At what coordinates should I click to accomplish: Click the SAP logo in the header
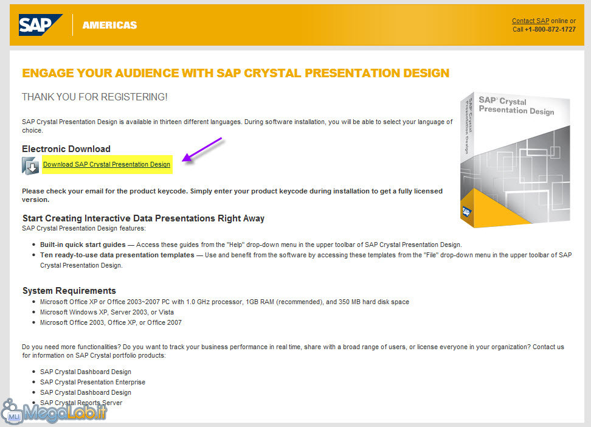pos(41,25)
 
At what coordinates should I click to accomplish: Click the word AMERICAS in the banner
pos(109,25)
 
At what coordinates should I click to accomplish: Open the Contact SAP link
pos(530,21)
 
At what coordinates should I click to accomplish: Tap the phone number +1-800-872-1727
pos(550,29)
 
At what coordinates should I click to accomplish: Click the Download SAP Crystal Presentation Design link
pos(106,164)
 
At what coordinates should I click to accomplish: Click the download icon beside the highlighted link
pos(30,165)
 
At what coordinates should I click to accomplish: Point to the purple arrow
pos(202,150)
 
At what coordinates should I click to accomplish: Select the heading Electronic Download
pos(66,149)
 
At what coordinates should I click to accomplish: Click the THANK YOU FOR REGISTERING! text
pos(95,97)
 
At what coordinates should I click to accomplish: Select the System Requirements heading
pos(69,291)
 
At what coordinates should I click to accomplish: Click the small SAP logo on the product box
pos(466,212)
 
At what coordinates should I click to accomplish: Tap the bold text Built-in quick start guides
pos(83,245)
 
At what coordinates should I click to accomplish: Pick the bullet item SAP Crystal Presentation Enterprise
pos(92,382)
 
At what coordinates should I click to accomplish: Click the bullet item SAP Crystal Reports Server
pos(81,403)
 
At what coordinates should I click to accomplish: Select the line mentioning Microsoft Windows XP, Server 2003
pos(107,312)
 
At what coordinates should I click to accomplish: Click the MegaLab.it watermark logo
pos(54,411)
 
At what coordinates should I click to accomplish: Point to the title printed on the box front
pos(516,105)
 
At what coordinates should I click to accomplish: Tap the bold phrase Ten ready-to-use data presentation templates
pos(117,255)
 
